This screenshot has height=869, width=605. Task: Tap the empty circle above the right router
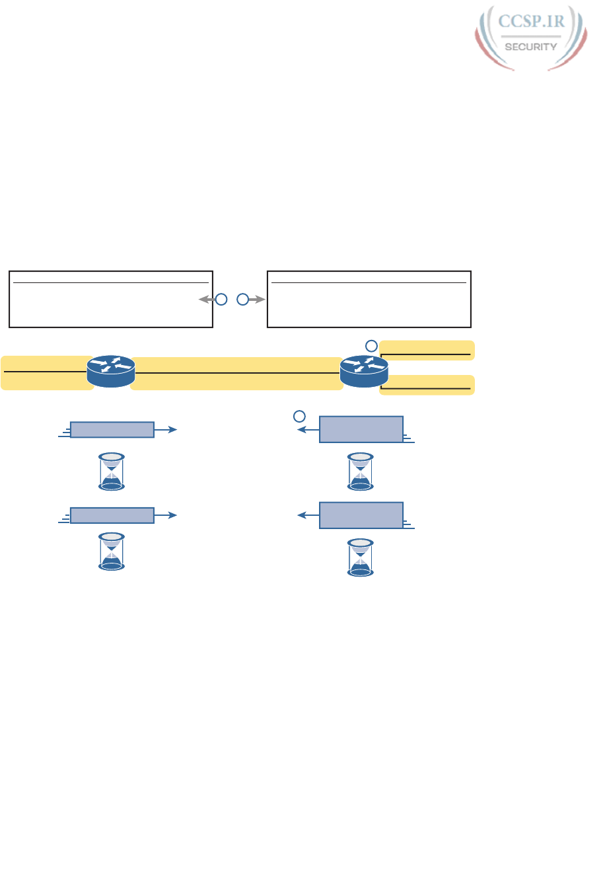click(372, 345)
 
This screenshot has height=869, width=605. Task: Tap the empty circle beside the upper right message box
click(299, 416)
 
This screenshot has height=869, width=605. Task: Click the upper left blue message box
click(112, 430)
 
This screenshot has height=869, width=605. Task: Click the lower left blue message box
click(112, 515)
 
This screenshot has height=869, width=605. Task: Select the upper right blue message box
click(361, 429)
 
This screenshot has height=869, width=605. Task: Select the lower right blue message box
click(361, 515)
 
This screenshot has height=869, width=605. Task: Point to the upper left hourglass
click(112, 472)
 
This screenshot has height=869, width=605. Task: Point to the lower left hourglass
click(112, 552)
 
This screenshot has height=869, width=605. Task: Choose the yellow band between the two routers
click(236, 374)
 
